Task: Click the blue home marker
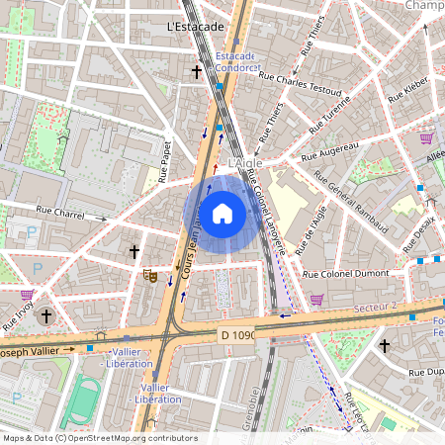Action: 222,213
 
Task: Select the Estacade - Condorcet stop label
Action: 235,62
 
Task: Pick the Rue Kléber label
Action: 406,92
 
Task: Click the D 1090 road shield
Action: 238,336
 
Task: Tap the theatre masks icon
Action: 150,275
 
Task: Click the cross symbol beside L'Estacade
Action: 197,71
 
